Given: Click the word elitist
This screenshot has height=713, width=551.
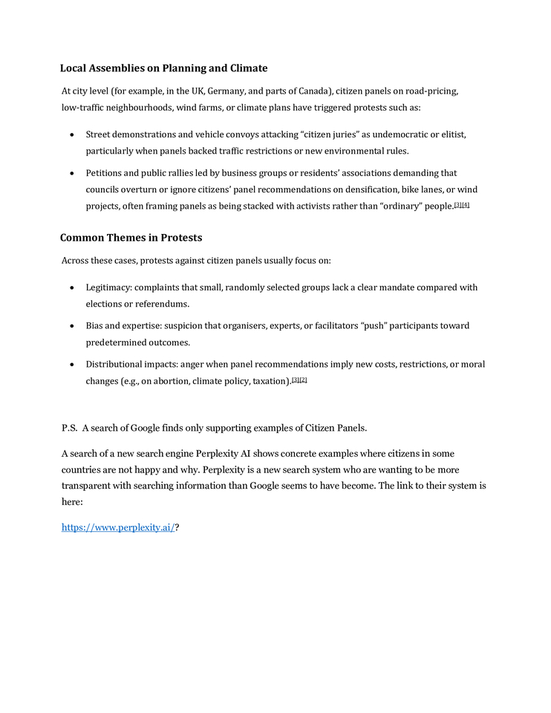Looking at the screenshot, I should [x=450, y=134].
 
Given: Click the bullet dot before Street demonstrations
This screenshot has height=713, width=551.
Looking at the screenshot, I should [x=71, y=135].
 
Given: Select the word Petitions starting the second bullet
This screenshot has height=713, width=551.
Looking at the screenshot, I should [x=105, y=173].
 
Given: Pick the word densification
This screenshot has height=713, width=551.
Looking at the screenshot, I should [x=368, y=189].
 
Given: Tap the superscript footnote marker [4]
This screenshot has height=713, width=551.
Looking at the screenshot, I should [x=466, y=204].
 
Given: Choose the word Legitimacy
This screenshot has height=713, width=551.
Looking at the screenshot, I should [x=108, y=287].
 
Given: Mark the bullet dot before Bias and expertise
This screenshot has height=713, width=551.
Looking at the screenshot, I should [x=71, y=326].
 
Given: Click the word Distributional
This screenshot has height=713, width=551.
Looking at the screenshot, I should [x=116, y=364].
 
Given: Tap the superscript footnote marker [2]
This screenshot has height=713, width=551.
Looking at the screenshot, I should [x=303, y=380].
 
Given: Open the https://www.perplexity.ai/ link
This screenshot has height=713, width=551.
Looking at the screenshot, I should [x=118, y=527].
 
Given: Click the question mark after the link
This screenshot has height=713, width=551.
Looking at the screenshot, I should [x=177, y=527].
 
